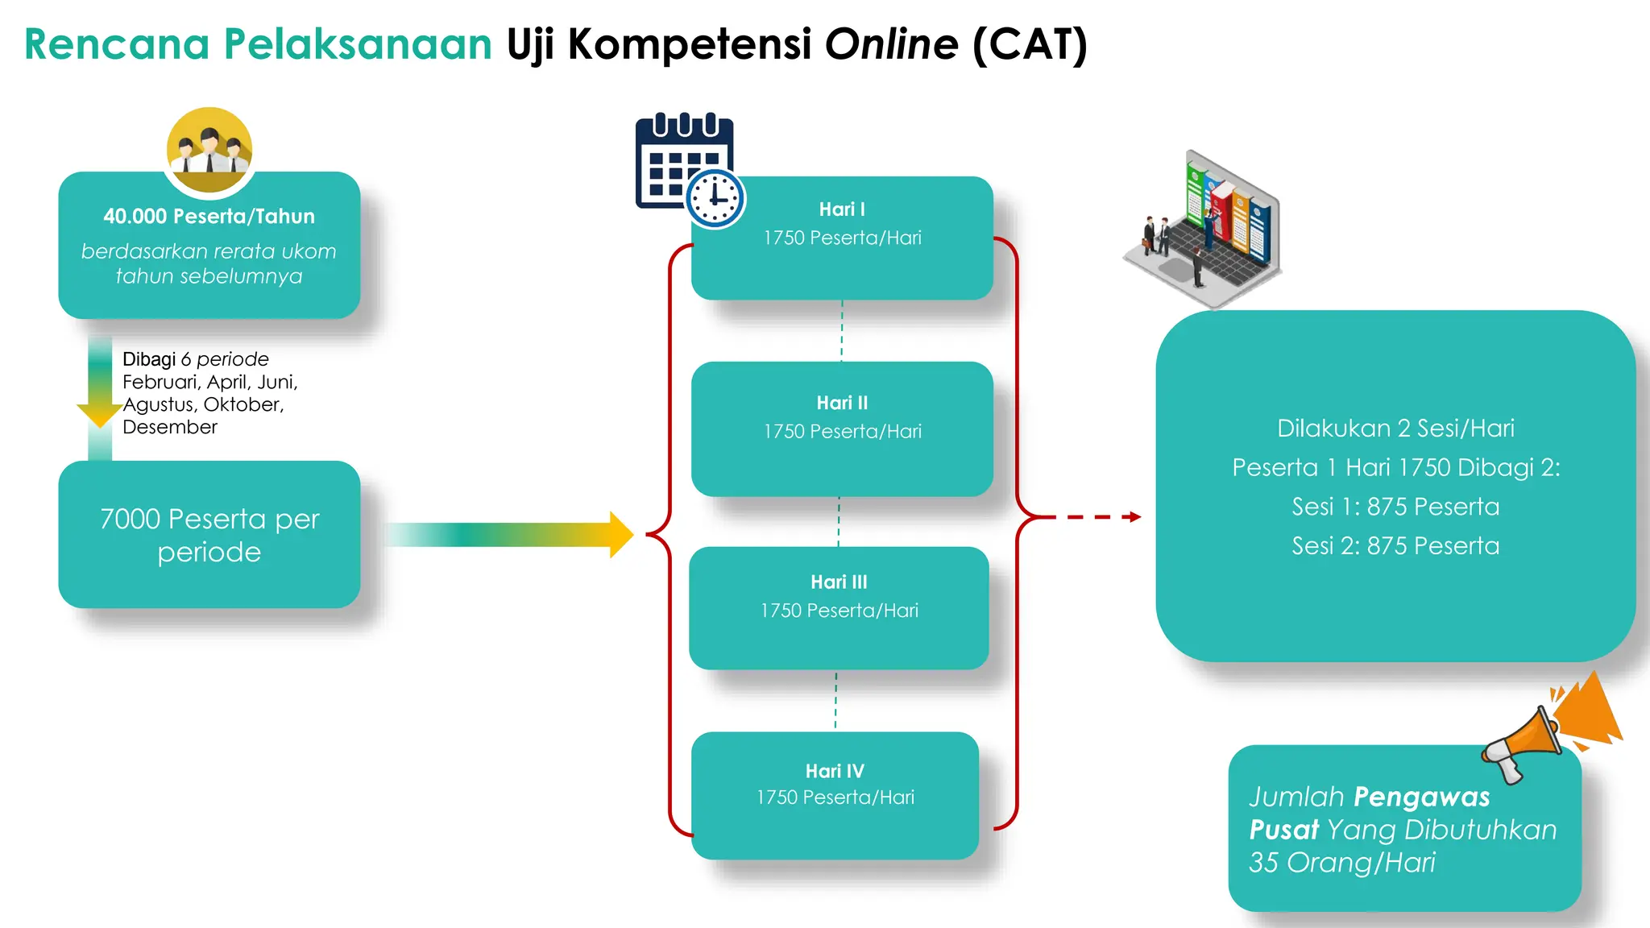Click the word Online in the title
[x=891, y=44]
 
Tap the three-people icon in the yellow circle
[x=209, y=150]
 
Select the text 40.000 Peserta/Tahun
[x=209, y=216]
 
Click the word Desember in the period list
[x=170, y=427]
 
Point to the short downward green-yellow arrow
[x=100, y=387]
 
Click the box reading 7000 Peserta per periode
[x=209, y=534]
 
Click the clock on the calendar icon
[x=715, y=198]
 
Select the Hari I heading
[x=842, y=209]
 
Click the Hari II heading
[x=842, y=403]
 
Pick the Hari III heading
[x=839, y=582]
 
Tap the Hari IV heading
[x=835, y=771]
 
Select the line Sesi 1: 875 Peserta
[x=1395, y=507]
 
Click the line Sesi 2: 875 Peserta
[x=1395, y=546]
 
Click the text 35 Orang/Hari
[x=1341, y=863]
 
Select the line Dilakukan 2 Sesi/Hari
[x=1395, y=429]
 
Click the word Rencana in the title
[x=117, y=44]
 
